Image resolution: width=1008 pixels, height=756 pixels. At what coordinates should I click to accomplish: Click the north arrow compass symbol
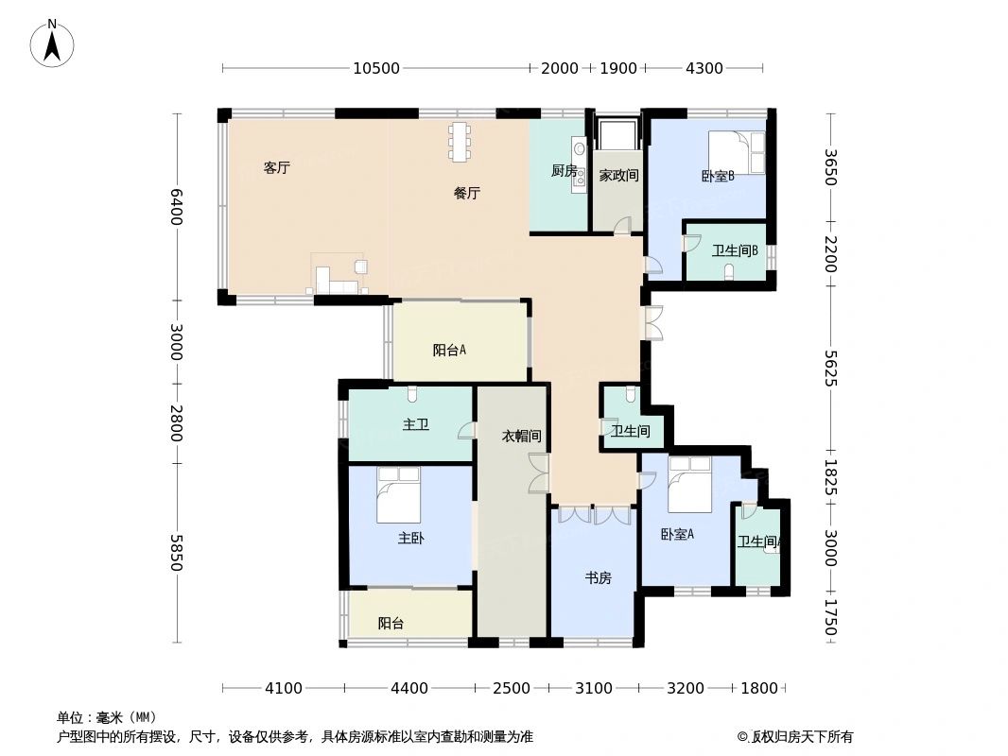52,43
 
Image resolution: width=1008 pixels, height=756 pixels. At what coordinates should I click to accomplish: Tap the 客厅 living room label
276,168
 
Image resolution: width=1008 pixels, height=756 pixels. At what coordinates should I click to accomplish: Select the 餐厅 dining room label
466,193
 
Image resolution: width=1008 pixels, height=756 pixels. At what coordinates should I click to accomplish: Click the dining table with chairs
460,142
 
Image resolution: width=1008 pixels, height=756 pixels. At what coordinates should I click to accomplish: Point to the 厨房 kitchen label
564,171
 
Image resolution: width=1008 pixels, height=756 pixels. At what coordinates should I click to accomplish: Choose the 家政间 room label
618,175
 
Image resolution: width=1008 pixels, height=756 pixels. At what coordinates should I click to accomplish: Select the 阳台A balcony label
449,350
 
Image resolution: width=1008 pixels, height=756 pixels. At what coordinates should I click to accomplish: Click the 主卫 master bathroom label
416,424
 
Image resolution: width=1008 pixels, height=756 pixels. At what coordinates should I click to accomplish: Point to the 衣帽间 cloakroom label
521,436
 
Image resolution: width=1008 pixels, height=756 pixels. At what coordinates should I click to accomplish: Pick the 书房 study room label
598,577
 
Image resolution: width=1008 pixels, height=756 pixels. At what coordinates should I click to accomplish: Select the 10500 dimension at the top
375,68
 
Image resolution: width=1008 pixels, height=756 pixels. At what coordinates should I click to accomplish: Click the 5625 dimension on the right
830,369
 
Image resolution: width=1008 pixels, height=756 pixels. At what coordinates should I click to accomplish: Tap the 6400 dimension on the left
176,206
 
